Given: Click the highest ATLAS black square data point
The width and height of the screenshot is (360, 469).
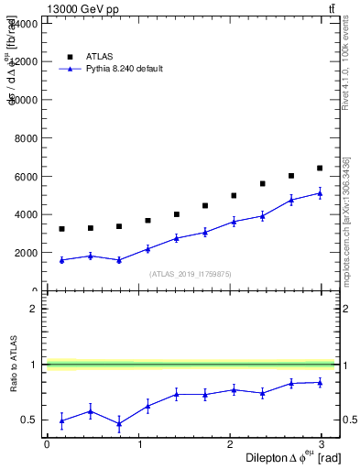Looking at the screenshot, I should click(320, 168).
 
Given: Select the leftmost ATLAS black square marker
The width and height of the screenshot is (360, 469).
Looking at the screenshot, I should click(61, 229).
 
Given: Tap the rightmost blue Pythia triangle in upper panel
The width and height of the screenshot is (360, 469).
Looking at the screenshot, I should click(320, 193).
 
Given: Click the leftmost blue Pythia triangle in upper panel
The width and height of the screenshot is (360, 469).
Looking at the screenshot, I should click(61, 260).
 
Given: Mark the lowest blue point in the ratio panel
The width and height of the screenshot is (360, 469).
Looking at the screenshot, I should click(119, 423).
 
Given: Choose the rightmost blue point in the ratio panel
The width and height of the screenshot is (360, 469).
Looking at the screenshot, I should click(320, 382).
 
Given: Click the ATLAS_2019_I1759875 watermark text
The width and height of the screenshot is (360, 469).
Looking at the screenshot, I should click(191, 274).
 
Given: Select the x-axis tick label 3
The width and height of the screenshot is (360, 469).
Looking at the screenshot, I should click(325, 443).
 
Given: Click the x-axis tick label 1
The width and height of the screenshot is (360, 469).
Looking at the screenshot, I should click(139, 443).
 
